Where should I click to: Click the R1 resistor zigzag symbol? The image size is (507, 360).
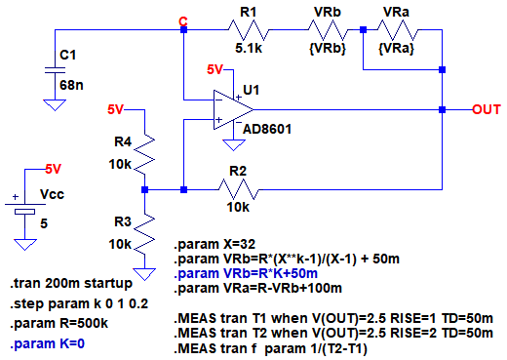[249, 30]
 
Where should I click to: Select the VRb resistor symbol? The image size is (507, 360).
[328, 30]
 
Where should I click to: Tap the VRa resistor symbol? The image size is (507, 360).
[398, 30]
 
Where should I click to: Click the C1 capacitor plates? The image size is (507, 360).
[55, 70]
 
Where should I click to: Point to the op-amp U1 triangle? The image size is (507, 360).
[233, 109]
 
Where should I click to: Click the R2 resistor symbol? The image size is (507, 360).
[239, 189]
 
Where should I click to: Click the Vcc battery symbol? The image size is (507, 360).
[25, 208]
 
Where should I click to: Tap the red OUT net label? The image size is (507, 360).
[487, 109]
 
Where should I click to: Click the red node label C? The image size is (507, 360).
[183, 21]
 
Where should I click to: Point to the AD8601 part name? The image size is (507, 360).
[267, 130]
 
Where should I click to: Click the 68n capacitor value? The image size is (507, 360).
[71, 85]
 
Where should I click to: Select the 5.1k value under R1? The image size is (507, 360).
[249, 49]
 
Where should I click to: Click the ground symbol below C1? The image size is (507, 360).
[55, 105]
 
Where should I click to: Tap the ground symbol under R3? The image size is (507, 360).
[144, 274]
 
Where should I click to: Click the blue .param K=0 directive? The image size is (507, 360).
[48, 343]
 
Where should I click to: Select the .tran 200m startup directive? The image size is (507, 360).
[71, 284]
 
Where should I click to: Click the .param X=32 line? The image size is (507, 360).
[214, 244]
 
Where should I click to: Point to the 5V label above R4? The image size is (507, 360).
[115, 109]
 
